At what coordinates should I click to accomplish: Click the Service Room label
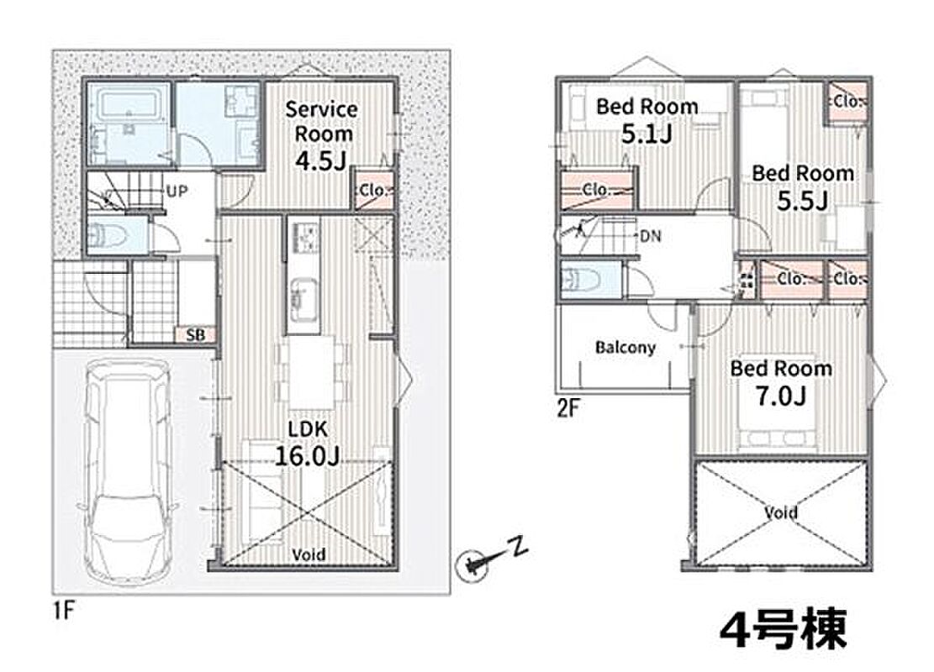[x=321, y=122]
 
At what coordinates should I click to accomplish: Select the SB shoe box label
[x=195, y=335]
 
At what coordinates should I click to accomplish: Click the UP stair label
[x=177, y=191]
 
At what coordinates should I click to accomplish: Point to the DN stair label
[x=651, y=236]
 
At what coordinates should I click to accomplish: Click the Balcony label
[x=625, y=347]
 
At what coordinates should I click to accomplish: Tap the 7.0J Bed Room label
[x=781, y=381]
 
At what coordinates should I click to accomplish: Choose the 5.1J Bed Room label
[x=646, y=120]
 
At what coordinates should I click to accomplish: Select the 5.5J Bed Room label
[x=802, y=186]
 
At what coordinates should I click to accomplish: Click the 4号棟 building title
[x=783, y=628]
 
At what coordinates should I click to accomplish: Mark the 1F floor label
[x=63, y=610]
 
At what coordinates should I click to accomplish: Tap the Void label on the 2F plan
[x=780, y=512]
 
